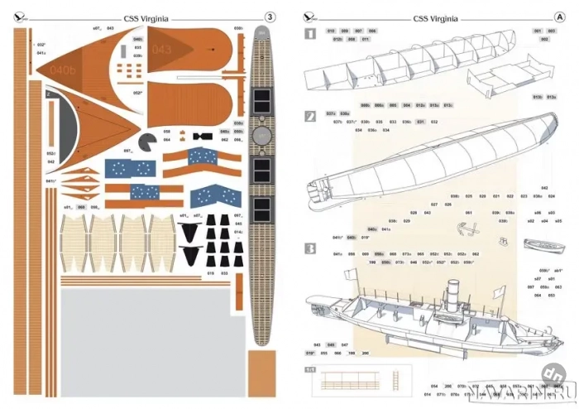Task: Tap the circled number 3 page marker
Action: click(x=270, y=15)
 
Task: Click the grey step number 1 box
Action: click(x=310, y=35)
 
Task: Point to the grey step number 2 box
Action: click(x=310, y=117)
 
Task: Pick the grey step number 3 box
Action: click(x=310, y=248)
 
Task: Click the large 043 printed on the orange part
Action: click(x=162, y=51)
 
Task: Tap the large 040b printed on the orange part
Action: click(x=62, y=70)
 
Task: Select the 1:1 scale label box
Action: click(x=310, y=370)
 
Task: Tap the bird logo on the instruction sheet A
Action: click(x=309, y=15)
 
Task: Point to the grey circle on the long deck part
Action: click(x=261, y=132)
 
